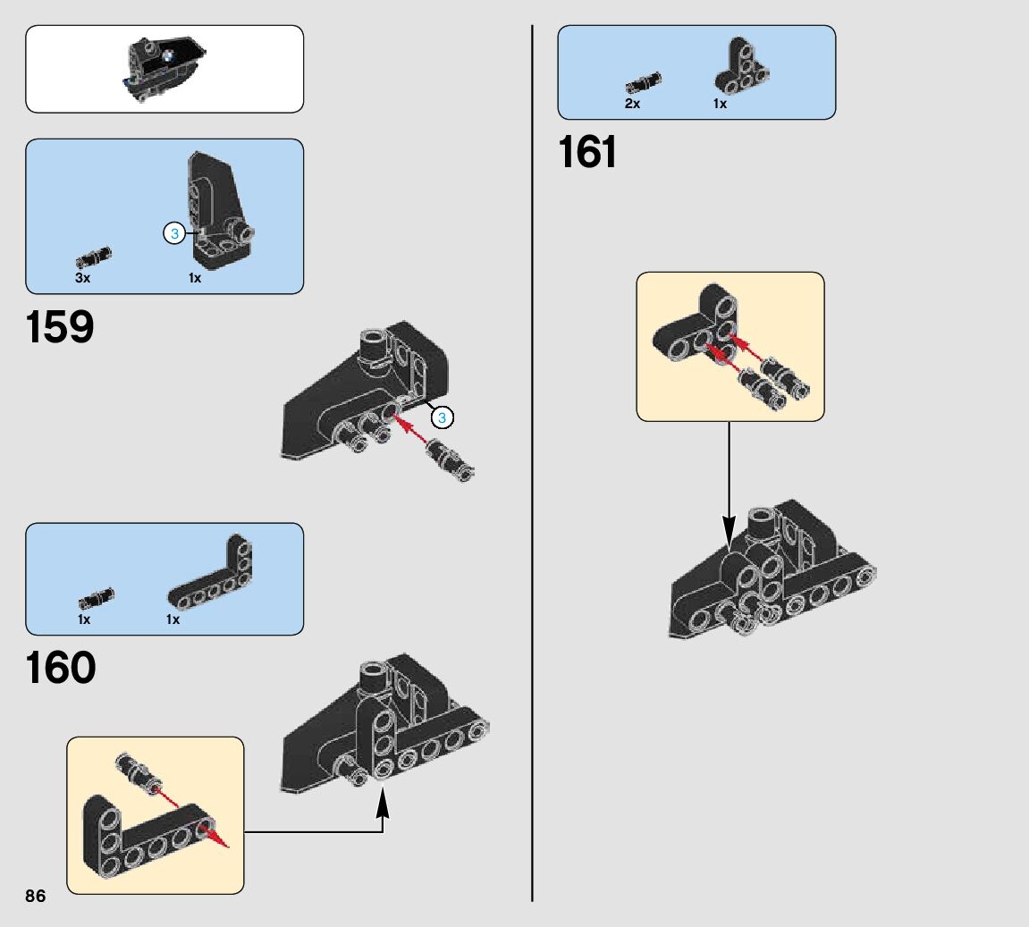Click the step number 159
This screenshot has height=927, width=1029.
(x=60, y=328)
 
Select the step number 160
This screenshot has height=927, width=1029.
(x=61, y=669)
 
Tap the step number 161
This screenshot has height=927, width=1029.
(x=587, y=153)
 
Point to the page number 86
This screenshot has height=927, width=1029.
(x=36, y=897)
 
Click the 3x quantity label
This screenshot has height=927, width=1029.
(x=83, y=278)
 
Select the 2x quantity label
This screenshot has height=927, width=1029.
(x=632, y=104)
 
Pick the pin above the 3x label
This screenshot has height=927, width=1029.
(x=93, y=257)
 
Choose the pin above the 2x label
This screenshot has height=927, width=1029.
(x=644, y=83)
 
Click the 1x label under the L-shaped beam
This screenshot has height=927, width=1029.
(x=173, y=619)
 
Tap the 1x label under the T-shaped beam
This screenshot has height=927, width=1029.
(x=720, y=104)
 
